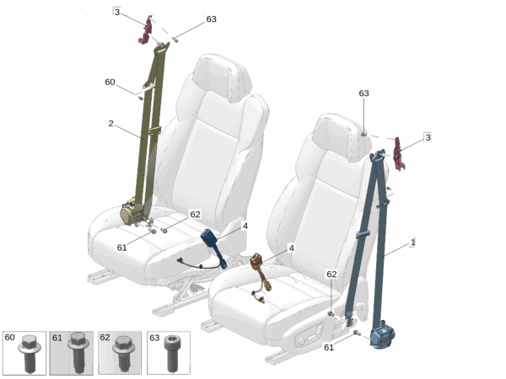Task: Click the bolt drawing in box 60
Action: pos(30,352)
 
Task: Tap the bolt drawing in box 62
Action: pos(124,354)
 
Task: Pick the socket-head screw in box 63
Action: pos(171,353)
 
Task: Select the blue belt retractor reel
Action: pos(382,335)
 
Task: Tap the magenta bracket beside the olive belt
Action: pos(146,30)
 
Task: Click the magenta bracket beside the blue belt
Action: pos(399,154)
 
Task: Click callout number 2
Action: pos(110,124)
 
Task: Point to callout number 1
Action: pos(412,242)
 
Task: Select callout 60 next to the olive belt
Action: pos(110,83)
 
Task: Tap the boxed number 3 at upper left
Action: pos(117,12)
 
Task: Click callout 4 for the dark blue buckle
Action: pos(245,227)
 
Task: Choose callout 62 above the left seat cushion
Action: pos(195,214)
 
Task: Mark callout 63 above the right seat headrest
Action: pos(363,93)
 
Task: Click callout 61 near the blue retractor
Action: pos(329,347)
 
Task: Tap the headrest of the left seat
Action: pos(223,77)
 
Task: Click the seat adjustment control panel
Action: pos(310,335)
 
